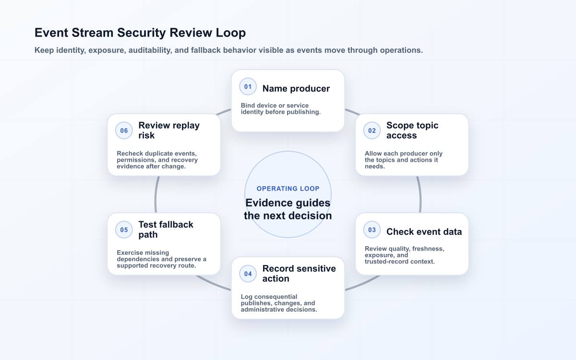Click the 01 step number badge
pyautogui.click(x=248, y=87)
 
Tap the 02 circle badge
pyautogui.click(x=372, y=131)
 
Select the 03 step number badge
pyautogui.click(x=372, y=229)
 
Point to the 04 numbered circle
pyautogui.click(x=248, y=274)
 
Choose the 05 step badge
pyautogui.click(x=124, y=229)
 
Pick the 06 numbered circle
pyautogui.click(x=124, y=131)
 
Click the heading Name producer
pyautogui.click(x=296, y=88)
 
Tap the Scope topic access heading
pyautogui.click(x=412, y=131)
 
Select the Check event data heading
pyautogui.click(x=424, y=232)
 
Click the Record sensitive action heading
pyautogui.click(x=299, y=274)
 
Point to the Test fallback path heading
pyautogui.click(x=166, y=229)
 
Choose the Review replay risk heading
pyautogui.click(x=169, y=131)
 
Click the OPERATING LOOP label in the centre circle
pyautogui.click(x=288, y=189)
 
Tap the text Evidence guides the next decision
pyautogui.click(x=288, y=209)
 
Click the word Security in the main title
pyautogui.click(x=142, y=33)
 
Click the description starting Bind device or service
pyautogui.click(x=280, y=109)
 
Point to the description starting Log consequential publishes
pyautogui.click(x=279, y=303)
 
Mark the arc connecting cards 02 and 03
pyautogui.click(x=420, y=195)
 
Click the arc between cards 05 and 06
pyautogui.click(x=156, y=195)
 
